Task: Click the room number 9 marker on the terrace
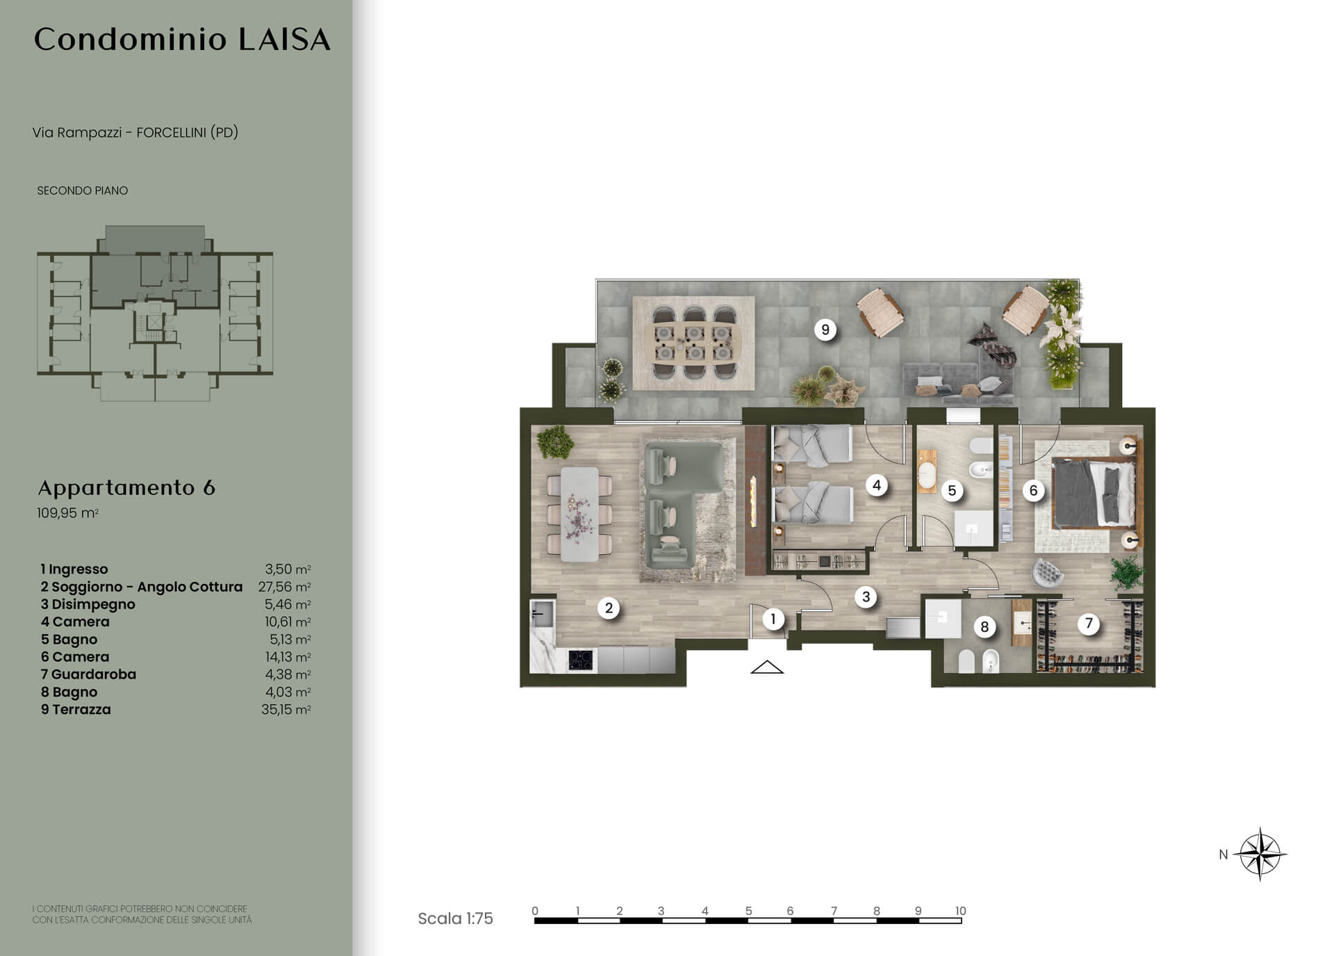click(825, 330)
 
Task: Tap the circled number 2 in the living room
click(609, 608)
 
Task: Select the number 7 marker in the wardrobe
click(1089, 624)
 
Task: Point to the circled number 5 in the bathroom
click(952, 490)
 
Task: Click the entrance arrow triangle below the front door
click(767, 667)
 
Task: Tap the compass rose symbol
click(1260, 854)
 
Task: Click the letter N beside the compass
click(1224, 854)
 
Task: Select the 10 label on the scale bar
click(960, 911)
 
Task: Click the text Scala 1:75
click(455, 918)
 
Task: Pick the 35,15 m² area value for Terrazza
click(286, 709)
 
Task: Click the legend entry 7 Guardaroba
click(88, 674)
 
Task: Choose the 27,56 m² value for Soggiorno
click(284, 587)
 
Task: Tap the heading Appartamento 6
click(126, 487)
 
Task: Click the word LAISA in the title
click(285, 40)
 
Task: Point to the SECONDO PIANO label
click(83, 191)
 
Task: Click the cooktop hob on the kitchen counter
click(581, 660)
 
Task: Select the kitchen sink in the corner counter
click(542, 614)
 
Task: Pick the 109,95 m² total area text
click(68, 514)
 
